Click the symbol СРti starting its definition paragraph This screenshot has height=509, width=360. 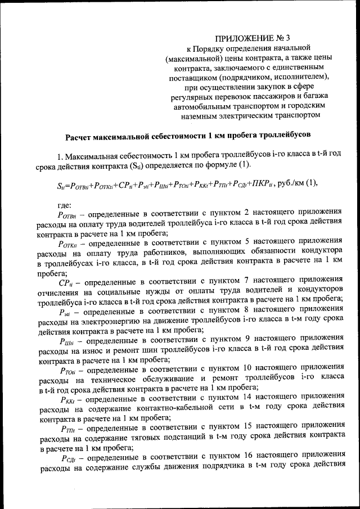tap(65, 279)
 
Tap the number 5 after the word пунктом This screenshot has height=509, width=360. tap(251, 242)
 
